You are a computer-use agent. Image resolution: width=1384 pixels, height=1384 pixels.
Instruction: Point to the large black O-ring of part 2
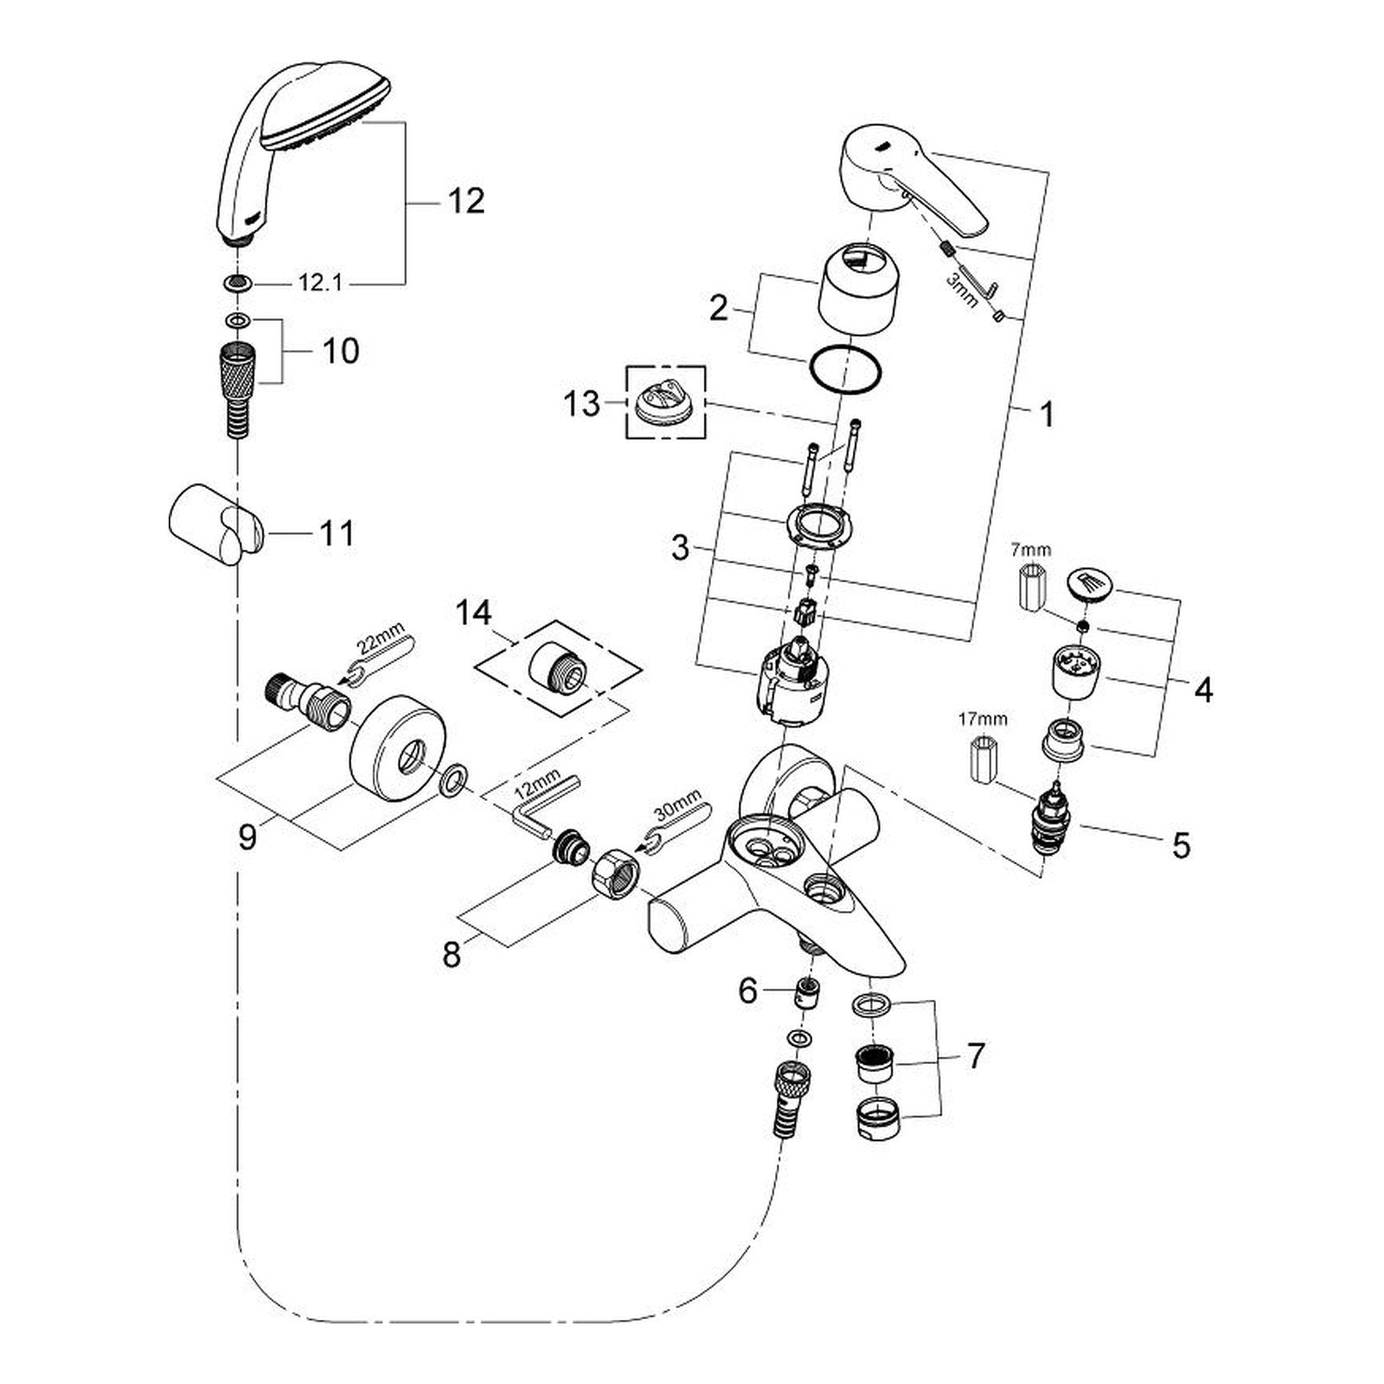(x=845, y=373)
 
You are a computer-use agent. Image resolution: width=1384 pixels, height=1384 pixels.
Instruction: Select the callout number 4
(x=1202, y=690)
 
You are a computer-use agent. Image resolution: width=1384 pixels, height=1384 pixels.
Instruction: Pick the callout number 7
(x=975, y=1056)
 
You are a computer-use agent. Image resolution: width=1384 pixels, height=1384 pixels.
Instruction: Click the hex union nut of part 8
(x=614, y=869)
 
